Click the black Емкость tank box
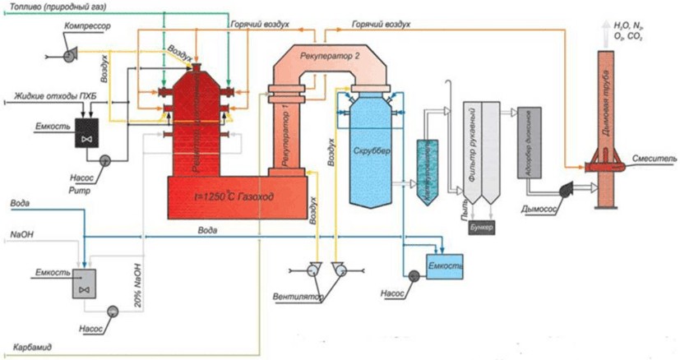click(x=85, y=132)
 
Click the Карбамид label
click(x=33, y=348)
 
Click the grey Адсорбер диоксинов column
click(x=526, y=143)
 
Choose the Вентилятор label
click(x=300, y=294)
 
